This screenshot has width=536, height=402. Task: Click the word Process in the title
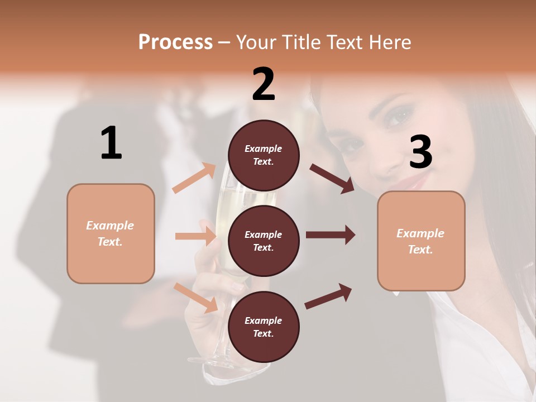tap(175, 42)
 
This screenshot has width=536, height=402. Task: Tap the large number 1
tap(111, 143)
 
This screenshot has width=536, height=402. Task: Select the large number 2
tap(264, 84)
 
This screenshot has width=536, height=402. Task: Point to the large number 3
tap(420, 152)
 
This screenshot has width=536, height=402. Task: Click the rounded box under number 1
tap(111, 233)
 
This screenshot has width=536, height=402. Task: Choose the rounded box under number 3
tap(421, 241)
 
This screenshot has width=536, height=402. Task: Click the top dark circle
tap(264, 155)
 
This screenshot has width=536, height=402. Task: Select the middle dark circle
tap(264, 241)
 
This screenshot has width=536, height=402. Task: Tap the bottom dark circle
tap(264, 327)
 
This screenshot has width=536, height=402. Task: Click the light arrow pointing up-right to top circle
tap(194, 178)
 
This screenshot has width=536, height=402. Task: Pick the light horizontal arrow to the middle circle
tap(195, 236)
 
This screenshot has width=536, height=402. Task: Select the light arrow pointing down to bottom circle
tap(196, 297)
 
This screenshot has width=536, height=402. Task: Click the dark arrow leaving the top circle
tap(332, 178)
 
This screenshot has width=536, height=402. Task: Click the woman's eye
tap(398, 117)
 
